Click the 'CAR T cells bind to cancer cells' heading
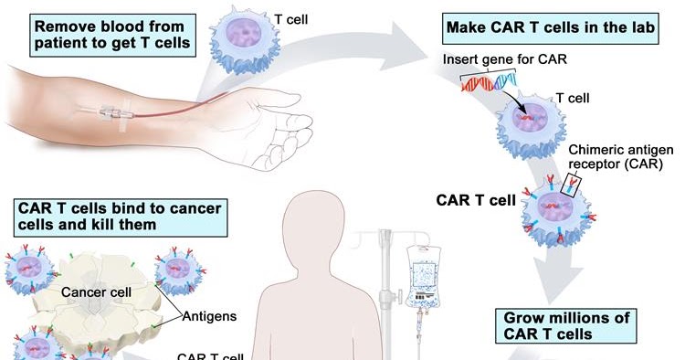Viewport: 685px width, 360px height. click(x=120, y=216)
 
